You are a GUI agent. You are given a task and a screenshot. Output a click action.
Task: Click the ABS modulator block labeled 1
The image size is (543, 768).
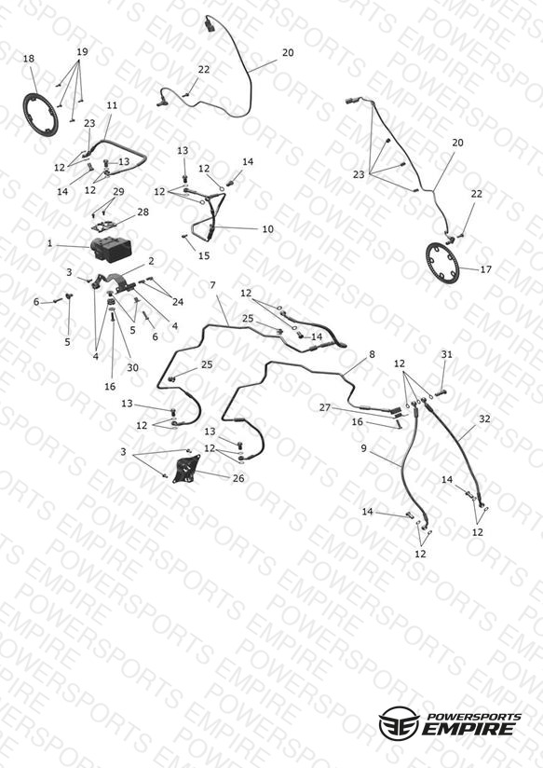(111, 249)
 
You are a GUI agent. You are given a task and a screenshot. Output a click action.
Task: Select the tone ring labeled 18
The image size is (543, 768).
(41, 114)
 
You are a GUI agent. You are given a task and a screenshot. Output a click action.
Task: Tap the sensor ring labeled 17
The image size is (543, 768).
(443, 262)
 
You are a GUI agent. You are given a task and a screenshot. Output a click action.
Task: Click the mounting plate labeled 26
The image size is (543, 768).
(186, 469)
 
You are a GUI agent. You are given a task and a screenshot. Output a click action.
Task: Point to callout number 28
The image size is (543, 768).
(143, 213)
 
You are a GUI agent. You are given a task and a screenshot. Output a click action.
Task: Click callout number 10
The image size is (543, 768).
(268, 228)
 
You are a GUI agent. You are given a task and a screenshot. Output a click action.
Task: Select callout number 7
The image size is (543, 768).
(212, 285)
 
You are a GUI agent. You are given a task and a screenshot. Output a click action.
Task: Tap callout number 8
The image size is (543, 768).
(372, 353)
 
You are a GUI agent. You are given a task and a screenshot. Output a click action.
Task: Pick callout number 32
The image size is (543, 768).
(484, 418)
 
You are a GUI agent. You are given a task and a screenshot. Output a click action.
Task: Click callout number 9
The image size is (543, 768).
(363, 447)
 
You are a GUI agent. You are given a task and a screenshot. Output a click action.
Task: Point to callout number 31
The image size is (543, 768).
(446, 354)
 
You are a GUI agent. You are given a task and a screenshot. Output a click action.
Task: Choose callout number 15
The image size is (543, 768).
(203, 255)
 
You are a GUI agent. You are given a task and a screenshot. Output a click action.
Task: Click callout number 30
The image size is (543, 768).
(132, 367)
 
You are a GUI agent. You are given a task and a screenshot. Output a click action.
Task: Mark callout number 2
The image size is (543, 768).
(151, 261)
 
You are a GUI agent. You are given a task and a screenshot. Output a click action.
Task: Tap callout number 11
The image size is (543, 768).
(112, 104)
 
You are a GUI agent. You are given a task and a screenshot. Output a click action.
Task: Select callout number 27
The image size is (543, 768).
(325, 407)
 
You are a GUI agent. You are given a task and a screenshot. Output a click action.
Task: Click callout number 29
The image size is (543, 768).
(118, 191)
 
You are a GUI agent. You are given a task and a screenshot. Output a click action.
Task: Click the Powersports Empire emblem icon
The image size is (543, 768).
(399, 722)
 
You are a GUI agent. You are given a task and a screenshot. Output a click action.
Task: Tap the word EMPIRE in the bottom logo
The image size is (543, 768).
(468, 728)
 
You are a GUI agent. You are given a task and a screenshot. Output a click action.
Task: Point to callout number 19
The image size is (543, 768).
(82, 51)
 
